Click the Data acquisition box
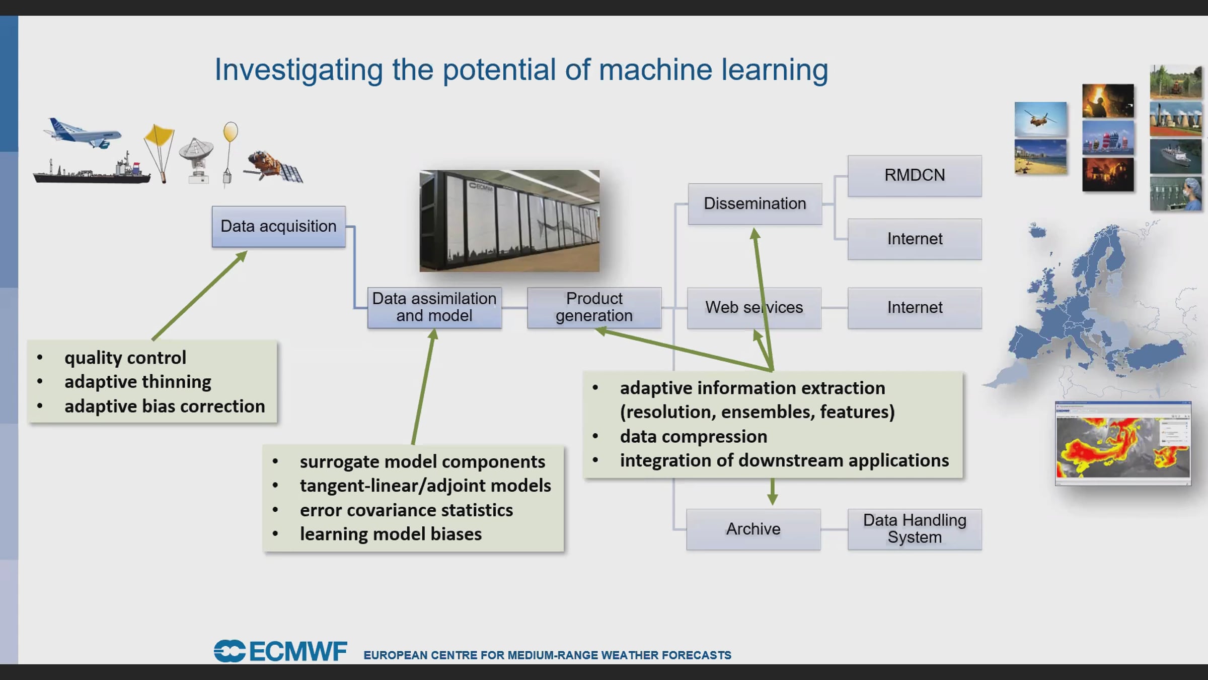point(278,226)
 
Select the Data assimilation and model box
point(434,307)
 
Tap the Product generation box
point(594,307)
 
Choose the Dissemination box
point(755,203)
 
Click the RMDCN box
point(915,175)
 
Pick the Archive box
point(753,529)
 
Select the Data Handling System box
point(915,529)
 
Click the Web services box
point(754,307)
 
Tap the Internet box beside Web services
point(915,307)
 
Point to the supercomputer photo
point(509,221)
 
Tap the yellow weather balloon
point(230,132)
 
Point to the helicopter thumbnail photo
point(1040,119)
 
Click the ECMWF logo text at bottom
point(280,651)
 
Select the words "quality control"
point(125,358)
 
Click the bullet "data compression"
point(694,436)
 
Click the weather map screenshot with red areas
point(1123,443)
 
